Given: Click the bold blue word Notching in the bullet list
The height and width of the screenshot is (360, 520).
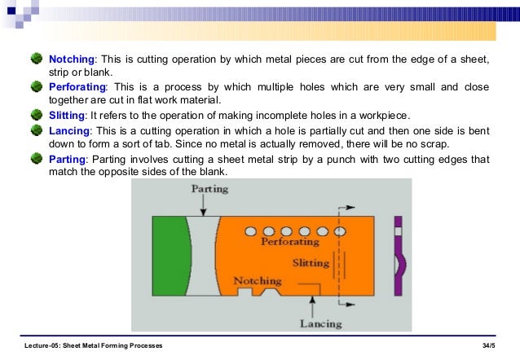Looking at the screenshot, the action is (x=73, y=60).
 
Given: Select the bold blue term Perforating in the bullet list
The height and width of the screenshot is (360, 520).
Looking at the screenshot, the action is (x=78, y=86).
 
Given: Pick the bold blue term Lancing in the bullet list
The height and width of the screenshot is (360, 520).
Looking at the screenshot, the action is (x=70, y=129).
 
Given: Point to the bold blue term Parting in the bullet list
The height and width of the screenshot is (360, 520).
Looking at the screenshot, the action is (x=68, y=158).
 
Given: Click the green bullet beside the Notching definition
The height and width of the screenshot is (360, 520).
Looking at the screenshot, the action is (x=36, y=59).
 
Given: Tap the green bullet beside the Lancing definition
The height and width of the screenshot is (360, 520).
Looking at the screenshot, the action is (x=36, y=129).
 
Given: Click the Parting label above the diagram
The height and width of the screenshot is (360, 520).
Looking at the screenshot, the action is (x=209, y=188).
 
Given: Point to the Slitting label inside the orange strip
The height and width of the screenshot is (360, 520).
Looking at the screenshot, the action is (x=311, y=263).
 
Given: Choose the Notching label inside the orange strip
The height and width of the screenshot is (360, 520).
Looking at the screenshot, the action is (x=258, y=281).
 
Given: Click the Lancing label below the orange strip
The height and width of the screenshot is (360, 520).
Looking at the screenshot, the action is (x=320, y=323).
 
